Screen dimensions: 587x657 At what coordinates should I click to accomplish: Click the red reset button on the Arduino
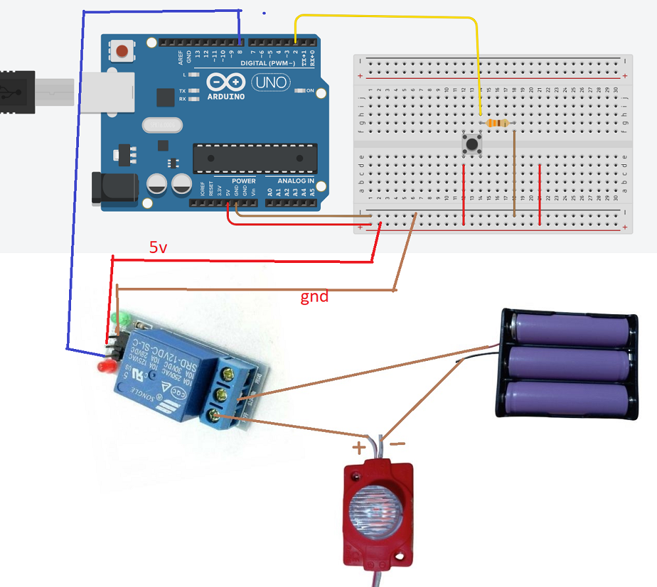(x=122, y=51)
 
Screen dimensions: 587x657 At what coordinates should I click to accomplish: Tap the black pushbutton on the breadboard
(x=472, y=143)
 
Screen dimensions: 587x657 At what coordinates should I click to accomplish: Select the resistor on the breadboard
(x=497, y=122)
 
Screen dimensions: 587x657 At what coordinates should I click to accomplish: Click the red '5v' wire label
(x=158, y=248)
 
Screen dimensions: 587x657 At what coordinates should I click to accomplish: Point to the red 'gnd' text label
(x=314, y=296)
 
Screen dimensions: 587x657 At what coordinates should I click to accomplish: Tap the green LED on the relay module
(x=120, y=319)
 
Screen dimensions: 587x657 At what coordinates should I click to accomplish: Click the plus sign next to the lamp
(x=358, y=448)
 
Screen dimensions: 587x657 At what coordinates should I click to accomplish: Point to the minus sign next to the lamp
(x=397, y=444)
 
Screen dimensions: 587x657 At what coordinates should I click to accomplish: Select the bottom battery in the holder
(x=568, y=398)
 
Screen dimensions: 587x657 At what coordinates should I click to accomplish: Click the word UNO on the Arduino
(x=269, y=82)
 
